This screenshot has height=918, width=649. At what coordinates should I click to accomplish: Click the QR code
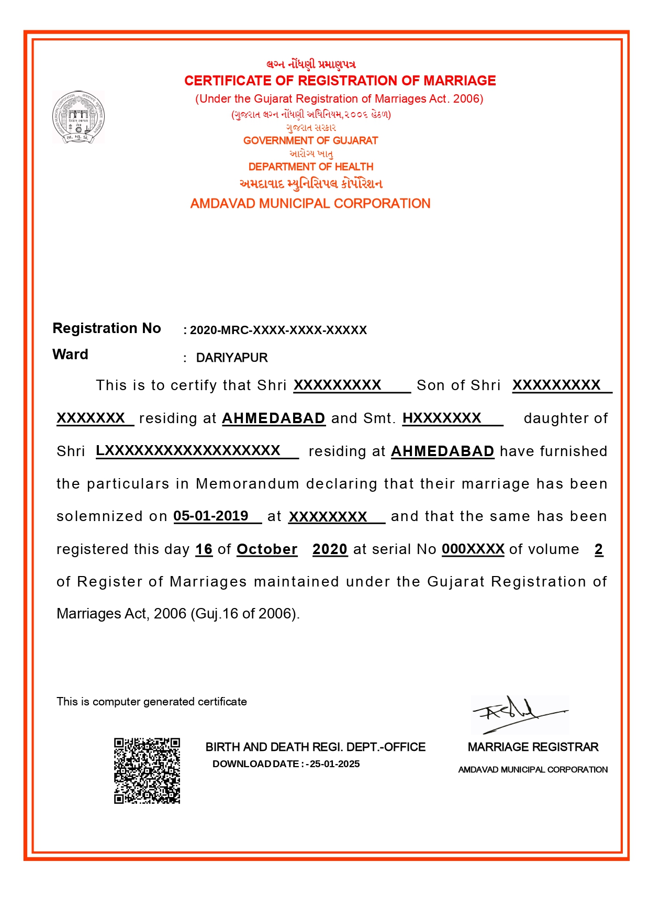[147, 770]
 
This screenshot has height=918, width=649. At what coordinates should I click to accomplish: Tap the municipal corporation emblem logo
[79, 117]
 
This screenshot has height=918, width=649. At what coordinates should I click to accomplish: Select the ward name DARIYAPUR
[231, 358]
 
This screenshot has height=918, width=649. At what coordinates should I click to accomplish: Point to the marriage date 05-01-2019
[211, 516]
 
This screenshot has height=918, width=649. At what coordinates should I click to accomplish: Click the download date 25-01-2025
[334, 764]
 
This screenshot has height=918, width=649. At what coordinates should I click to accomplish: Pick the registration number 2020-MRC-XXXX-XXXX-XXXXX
[278, 330]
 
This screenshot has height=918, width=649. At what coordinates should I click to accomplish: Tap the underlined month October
[267, 549]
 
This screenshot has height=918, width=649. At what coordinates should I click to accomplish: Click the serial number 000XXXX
[473, 549]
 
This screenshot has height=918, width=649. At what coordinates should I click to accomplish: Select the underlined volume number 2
[599, 549]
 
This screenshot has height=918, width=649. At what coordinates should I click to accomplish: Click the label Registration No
[107, 328]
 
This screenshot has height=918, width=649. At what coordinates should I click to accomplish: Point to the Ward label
[70, 355]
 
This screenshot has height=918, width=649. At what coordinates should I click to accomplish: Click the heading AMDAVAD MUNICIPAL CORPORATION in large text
[310, 204]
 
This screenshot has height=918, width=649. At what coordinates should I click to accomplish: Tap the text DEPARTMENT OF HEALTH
[311, 167]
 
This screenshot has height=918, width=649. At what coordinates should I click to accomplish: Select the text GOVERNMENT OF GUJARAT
[310, 141]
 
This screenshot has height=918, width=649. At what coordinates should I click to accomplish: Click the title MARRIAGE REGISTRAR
[533, 747]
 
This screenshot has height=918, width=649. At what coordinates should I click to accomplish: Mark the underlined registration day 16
[204, 549]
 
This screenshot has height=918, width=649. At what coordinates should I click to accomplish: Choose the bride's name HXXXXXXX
[442, 418]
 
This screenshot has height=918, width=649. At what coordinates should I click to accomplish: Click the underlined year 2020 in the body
[330, 549]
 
